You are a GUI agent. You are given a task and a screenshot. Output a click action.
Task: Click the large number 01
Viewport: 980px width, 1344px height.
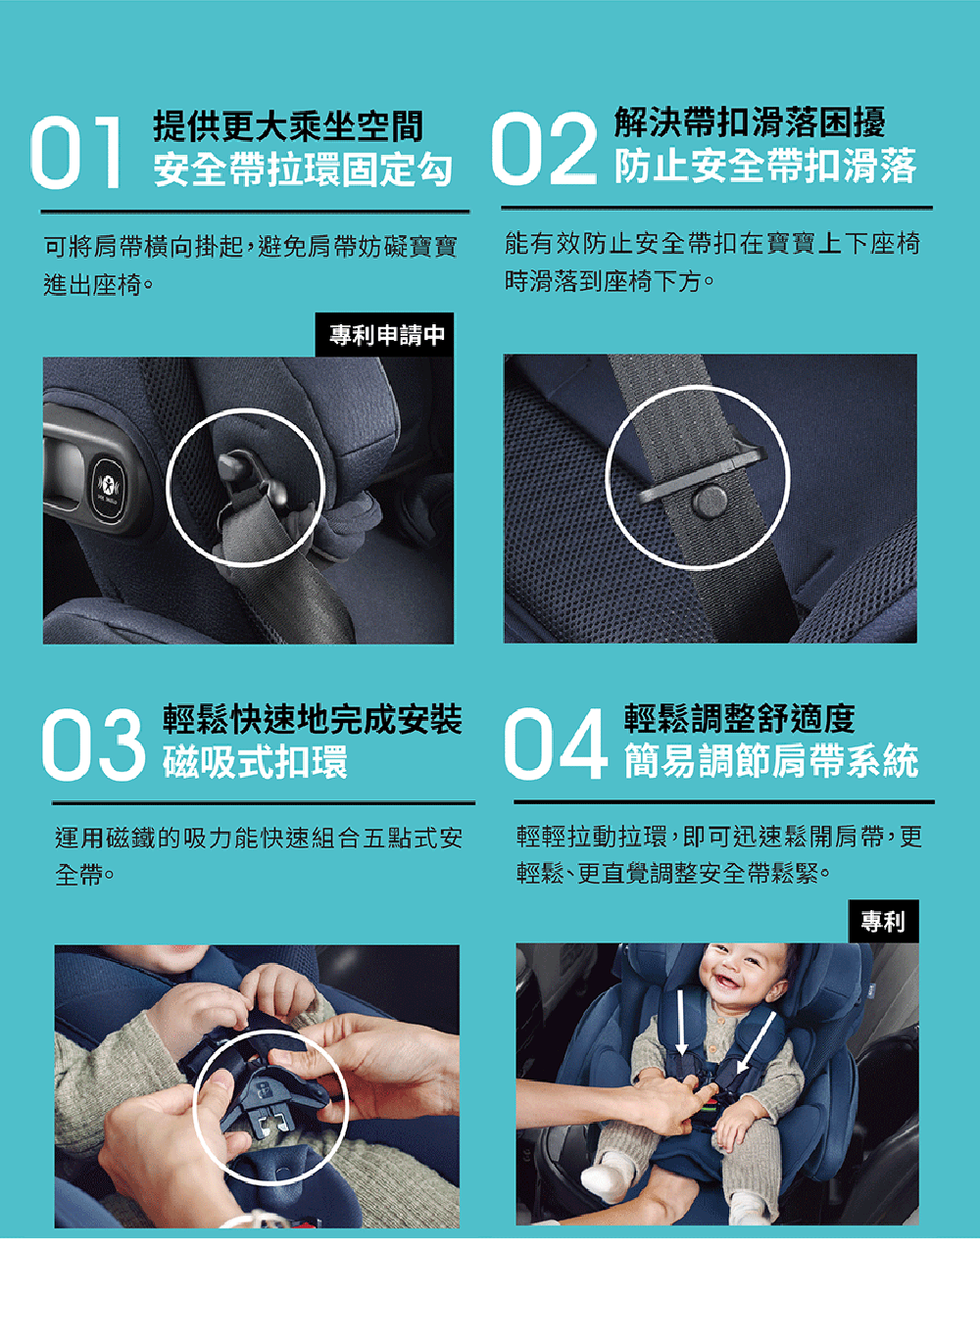tap(76, 153)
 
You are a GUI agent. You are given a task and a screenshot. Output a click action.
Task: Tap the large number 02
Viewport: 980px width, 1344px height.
tap(544, 148)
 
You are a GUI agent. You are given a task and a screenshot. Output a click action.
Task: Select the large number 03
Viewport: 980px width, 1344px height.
tap(94, 744)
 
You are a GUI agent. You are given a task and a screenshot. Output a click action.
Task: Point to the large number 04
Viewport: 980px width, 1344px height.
tap(556, 744)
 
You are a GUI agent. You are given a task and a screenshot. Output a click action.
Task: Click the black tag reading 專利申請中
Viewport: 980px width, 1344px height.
tap(385, 335)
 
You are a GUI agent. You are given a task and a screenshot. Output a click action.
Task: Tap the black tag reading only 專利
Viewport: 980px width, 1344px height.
tap(883, 921)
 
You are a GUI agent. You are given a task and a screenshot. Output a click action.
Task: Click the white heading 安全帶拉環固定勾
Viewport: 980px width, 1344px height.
tap(303, 170)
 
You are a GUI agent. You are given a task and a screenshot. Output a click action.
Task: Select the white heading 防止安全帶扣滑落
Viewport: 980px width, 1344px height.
tap(765, 166)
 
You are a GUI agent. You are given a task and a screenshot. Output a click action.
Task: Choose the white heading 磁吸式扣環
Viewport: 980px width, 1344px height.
tap(255, 762)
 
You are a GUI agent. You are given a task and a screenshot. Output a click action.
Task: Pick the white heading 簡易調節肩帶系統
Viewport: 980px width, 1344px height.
tap(771, 761)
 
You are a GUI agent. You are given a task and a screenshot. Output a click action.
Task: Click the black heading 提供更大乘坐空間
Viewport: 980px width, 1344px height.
tap(289, 126)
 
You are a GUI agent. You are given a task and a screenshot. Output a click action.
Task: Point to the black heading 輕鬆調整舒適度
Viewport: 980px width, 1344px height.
tap(739, 718)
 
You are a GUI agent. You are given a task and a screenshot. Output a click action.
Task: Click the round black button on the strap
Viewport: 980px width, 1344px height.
tap(710, 501)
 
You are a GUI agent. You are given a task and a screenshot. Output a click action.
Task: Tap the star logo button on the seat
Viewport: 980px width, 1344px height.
tap(109, 485)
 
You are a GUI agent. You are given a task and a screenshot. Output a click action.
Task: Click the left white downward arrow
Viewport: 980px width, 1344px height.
tap(680, 1022)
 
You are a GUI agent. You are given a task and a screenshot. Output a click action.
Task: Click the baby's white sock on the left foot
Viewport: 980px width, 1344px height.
tap(602, 1177)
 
